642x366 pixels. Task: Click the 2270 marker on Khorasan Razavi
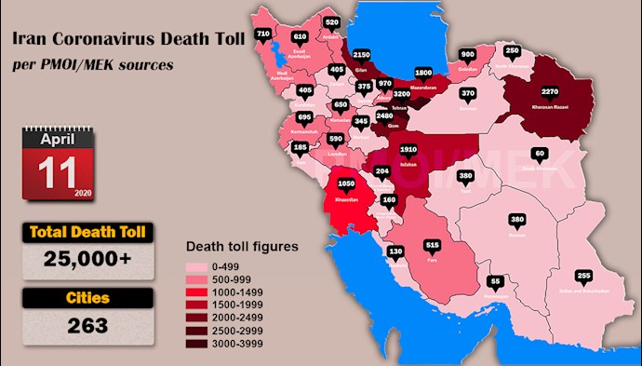click(550, 91)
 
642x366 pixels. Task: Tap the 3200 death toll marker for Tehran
click(401, 95)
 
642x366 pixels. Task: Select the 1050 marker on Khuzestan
click(347, 184)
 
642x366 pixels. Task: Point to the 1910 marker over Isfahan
click(409, 149)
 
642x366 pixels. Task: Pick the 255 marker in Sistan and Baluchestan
click(583, 276)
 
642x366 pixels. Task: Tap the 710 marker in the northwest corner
click(263, 34)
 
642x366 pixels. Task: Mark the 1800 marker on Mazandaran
click(422, 73)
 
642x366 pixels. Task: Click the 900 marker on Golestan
click(467, 54)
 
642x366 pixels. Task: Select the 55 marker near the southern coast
click(496, 280)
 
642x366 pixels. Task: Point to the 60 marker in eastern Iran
click(539, 154)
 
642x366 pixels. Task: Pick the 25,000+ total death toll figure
click(87, 262)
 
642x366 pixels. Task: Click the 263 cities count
click(87, 325)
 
